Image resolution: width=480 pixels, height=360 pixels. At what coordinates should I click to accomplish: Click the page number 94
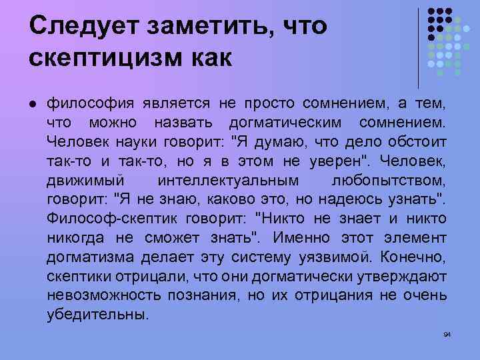447,334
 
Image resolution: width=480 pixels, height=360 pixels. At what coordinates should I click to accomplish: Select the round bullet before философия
32,104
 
